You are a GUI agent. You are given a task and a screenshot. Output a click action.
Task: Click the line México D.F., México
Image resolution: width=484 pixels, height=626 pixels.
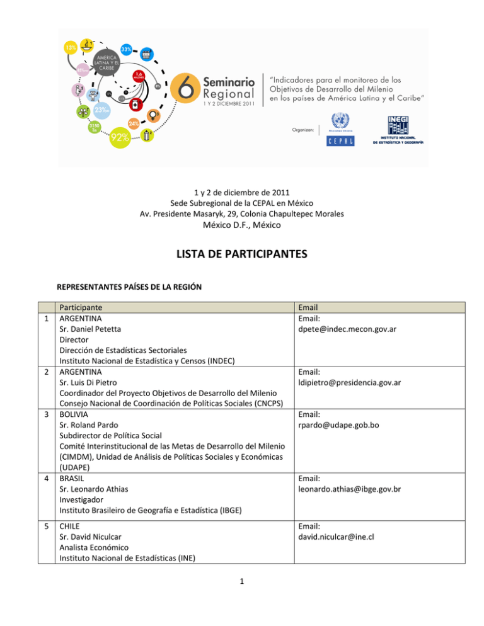(242, 225)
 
